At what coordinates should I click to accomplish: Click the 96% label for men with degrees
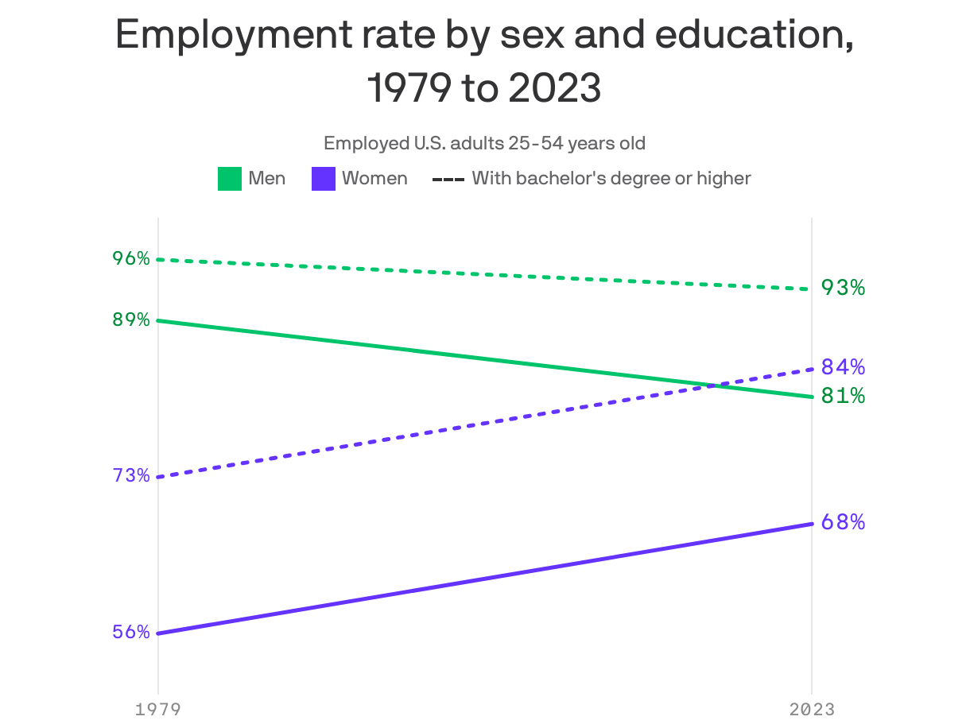click(131, 258)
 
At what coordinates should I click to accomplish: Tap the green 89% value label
click(131, 319)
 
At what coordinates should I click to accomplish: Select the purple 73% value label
click(131, 475)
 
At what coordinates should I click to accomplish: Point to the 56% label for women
click(131, 632)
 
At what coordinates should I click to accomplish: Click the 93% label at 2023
click(843, 288)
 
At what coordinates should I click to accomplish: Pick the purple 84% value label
click(843, 366)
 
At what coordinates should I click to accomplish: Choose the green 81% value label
click(843, 395)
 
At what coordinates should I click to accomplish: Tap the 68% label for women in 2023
click(843, 522)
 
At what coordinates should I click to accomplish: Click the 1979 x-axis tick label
click(157, 709)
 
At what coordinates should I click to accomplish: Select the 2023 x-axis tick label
click(812, 709)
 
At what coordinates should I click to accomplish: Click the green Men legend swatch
click(230, 179)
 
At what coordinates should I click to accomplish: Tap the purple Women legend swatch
click(323, 179)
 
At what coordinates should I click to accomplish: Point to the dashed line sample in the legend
click(448, 179)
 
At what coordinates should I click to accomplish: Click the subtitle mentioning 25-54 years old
click(484, 144)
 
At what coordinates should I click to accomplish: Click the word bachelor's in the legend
click(556, 178)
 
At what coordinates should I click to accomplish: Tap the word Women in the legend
click(374, 178)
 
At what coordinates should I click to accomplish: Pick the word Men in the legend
click(267, 178)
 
